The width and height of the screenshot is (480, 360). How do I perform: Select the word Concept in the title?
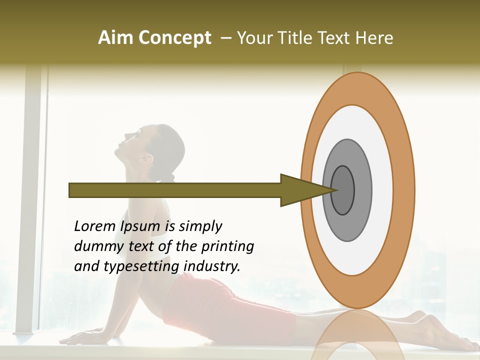point(175,38)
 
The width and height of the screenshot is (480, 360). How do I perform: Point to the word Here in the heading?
point(374,38)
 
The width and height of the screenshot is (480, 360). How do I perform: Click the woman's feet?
point(445,335)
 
